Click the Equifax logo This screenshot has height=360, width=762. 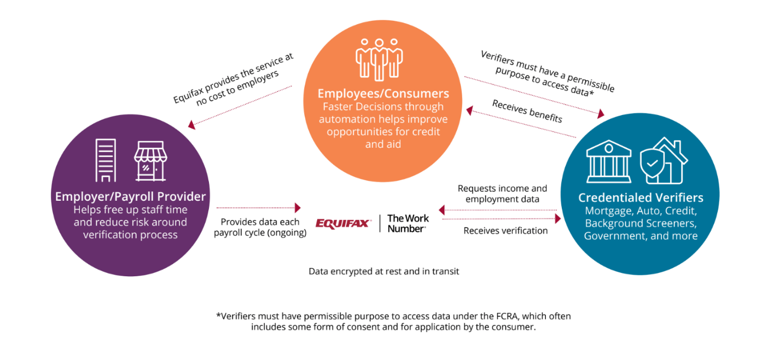point(343,223)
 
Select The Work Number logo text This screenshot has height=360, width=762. point(408,223)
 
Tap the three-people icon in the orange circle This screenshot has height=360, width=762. point(379,60)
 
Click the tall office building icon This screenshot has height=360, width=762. point(106,160)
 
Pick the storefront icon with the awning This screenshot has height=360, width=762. point(150,161)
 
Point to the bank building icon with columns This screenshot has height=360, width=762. point(609,161)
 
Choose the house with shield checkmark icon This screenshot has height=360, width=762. point(664,161)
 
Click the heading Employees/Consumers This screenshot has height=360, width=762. point(383,94)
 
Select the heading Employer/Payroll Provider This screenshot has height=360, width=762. point(130,196)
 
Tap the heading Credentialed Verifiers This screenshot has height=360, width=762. point(641,198)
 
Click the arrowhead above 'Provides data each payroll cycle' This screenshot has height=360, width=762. point(298,207)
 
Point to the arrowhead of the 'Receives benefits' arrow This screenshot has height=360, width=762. point(470,111)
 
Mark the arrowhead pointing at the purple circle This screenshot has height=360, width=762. point(192,125)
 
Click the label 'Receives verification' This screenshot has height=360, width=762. point(505,231)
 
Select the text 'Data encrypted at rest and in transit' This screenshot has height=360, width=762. point(383,271)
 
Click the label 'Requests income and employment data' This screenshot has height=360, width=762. point(502,194)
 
